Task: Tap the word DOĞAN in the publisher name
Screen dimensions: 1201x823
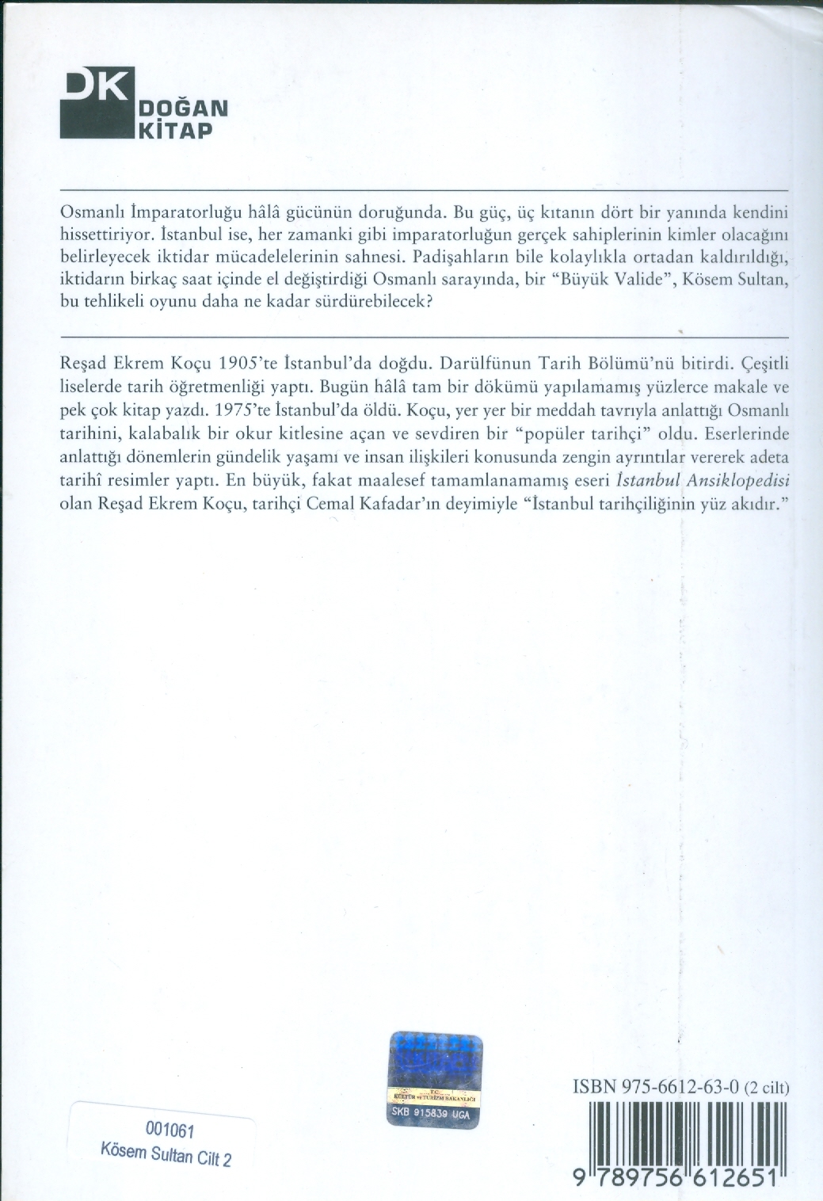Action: tap(183, 107)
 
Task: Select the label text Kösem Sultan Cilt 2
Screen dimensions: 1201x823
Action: tap(166, 1155)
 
